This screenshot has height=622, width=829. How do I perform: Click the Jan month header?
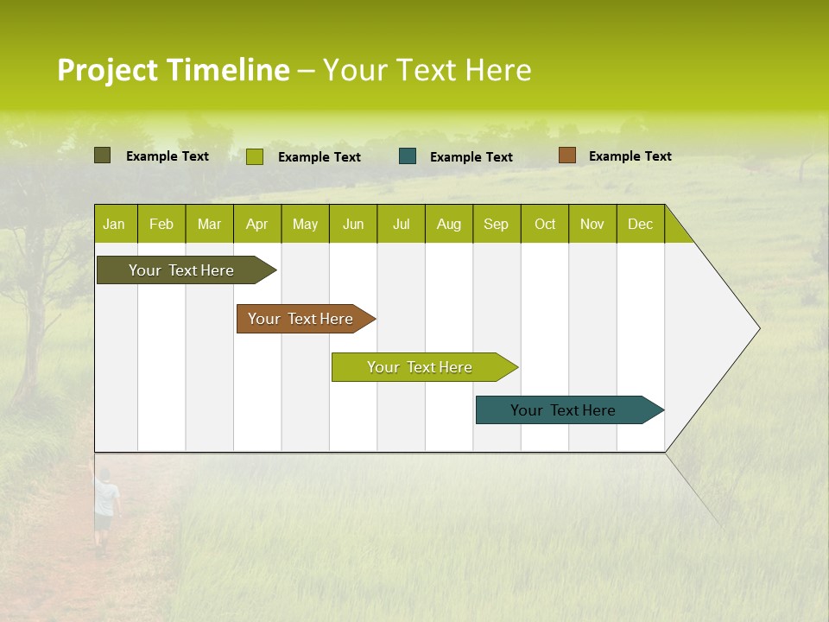click(x=115, y=225)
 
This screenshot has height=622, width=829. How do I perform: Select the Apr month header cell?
click(x=257, y=225)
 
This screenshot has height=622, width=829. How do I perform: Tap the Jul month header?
click(x=401, y=225)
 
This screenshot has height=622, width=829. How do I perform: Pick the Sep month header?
click(x=497, y=225)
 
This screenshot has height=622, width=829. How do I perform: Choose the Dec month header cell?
click(x=640, y=225)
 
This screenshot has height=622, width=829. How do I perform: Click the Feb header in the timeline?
click(x=161, y=225)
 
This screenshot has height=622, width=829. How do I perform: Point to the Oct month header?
click(x=545, y=225)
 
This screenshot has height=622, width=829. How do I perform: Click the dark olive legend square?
click(x=102, y=155)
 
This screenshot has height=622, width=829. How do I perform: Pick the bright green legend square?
click(x=255, y=156)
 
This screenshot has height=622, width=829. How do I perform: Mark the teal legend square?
click(x=408, y=156)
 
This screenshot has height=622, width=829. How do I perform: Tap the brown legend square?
click(x=566, y=155)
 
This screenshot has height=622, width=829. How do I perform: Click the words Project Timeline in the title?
click(x=173, y=70)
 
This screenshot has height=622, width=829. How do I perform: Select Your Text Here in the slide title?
click(x=427, y=70)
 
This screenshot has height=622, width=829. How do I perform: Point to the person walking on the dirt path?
click(x=105, y=509)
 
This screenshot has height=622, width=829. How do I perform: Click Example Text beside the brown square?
click(x=630, y=156)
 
